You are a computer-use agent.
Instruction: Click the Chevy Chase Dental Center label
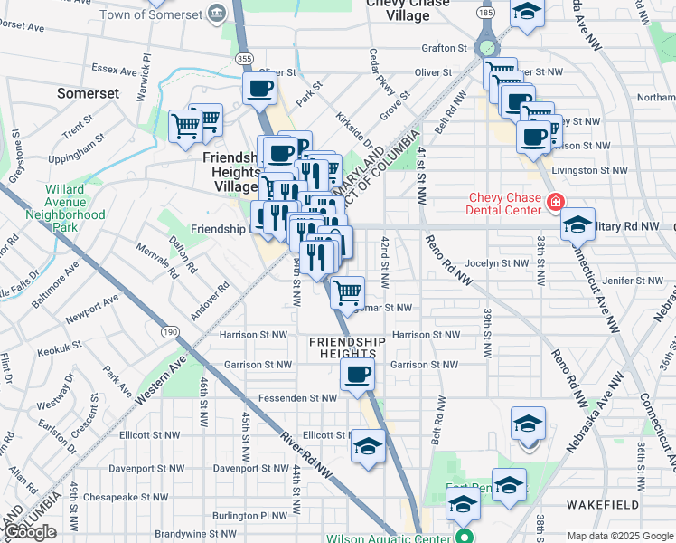coord(505,205)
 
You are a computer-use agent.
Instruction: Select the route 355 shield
coord(244,58)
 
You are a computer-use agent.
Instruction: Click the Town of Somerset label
coord(152,14)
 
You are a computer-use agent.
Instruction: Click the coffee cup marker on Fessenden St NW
coord(357,375)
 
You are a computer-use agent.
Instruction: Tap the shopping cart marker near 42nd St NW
coord(348,292)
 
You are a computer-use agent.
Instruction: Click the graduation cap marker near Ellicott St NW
coord(368,446)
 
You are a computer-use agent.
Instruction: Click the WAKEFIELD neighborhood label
coord(603,505)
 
